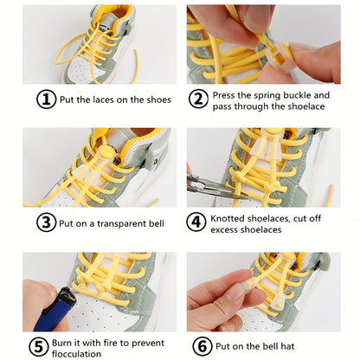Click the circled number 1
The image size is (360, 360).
click(46, 100)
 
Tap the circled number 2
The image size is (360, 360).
click(198, 100)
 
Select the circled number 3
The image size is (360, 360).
click(46, 222)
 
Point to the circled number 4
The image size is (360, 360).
click(198, 222)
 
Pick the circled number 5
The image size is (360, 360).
click(39, 346)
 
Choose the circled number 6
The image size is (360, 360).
click(202, 346)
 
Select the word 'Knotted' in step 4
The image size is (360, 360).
click(233, 217)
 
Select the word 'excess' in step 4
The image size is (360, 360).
click(229, 229)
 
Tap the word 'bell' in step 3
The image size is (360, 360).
click(156, 223)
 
